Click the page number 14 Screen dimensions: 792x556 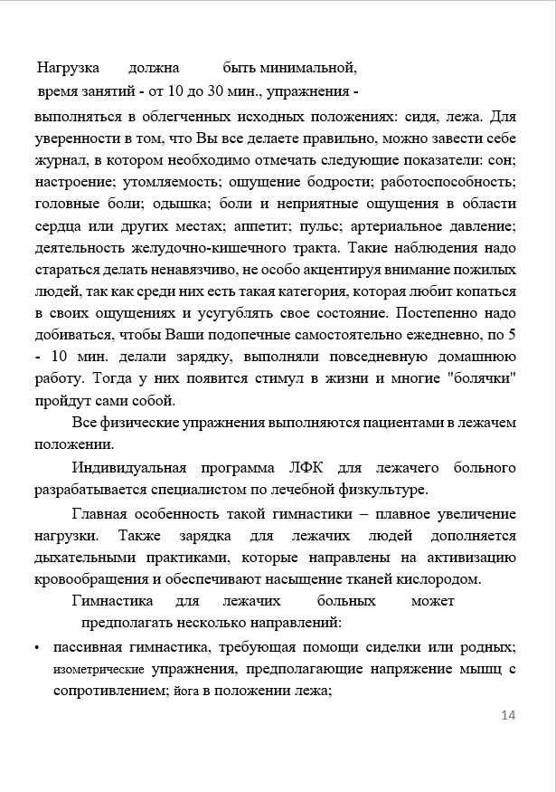507,716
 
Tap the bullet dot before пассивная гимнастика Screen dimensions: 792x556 35,648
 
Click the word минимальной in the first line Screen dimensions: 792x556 306,68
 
